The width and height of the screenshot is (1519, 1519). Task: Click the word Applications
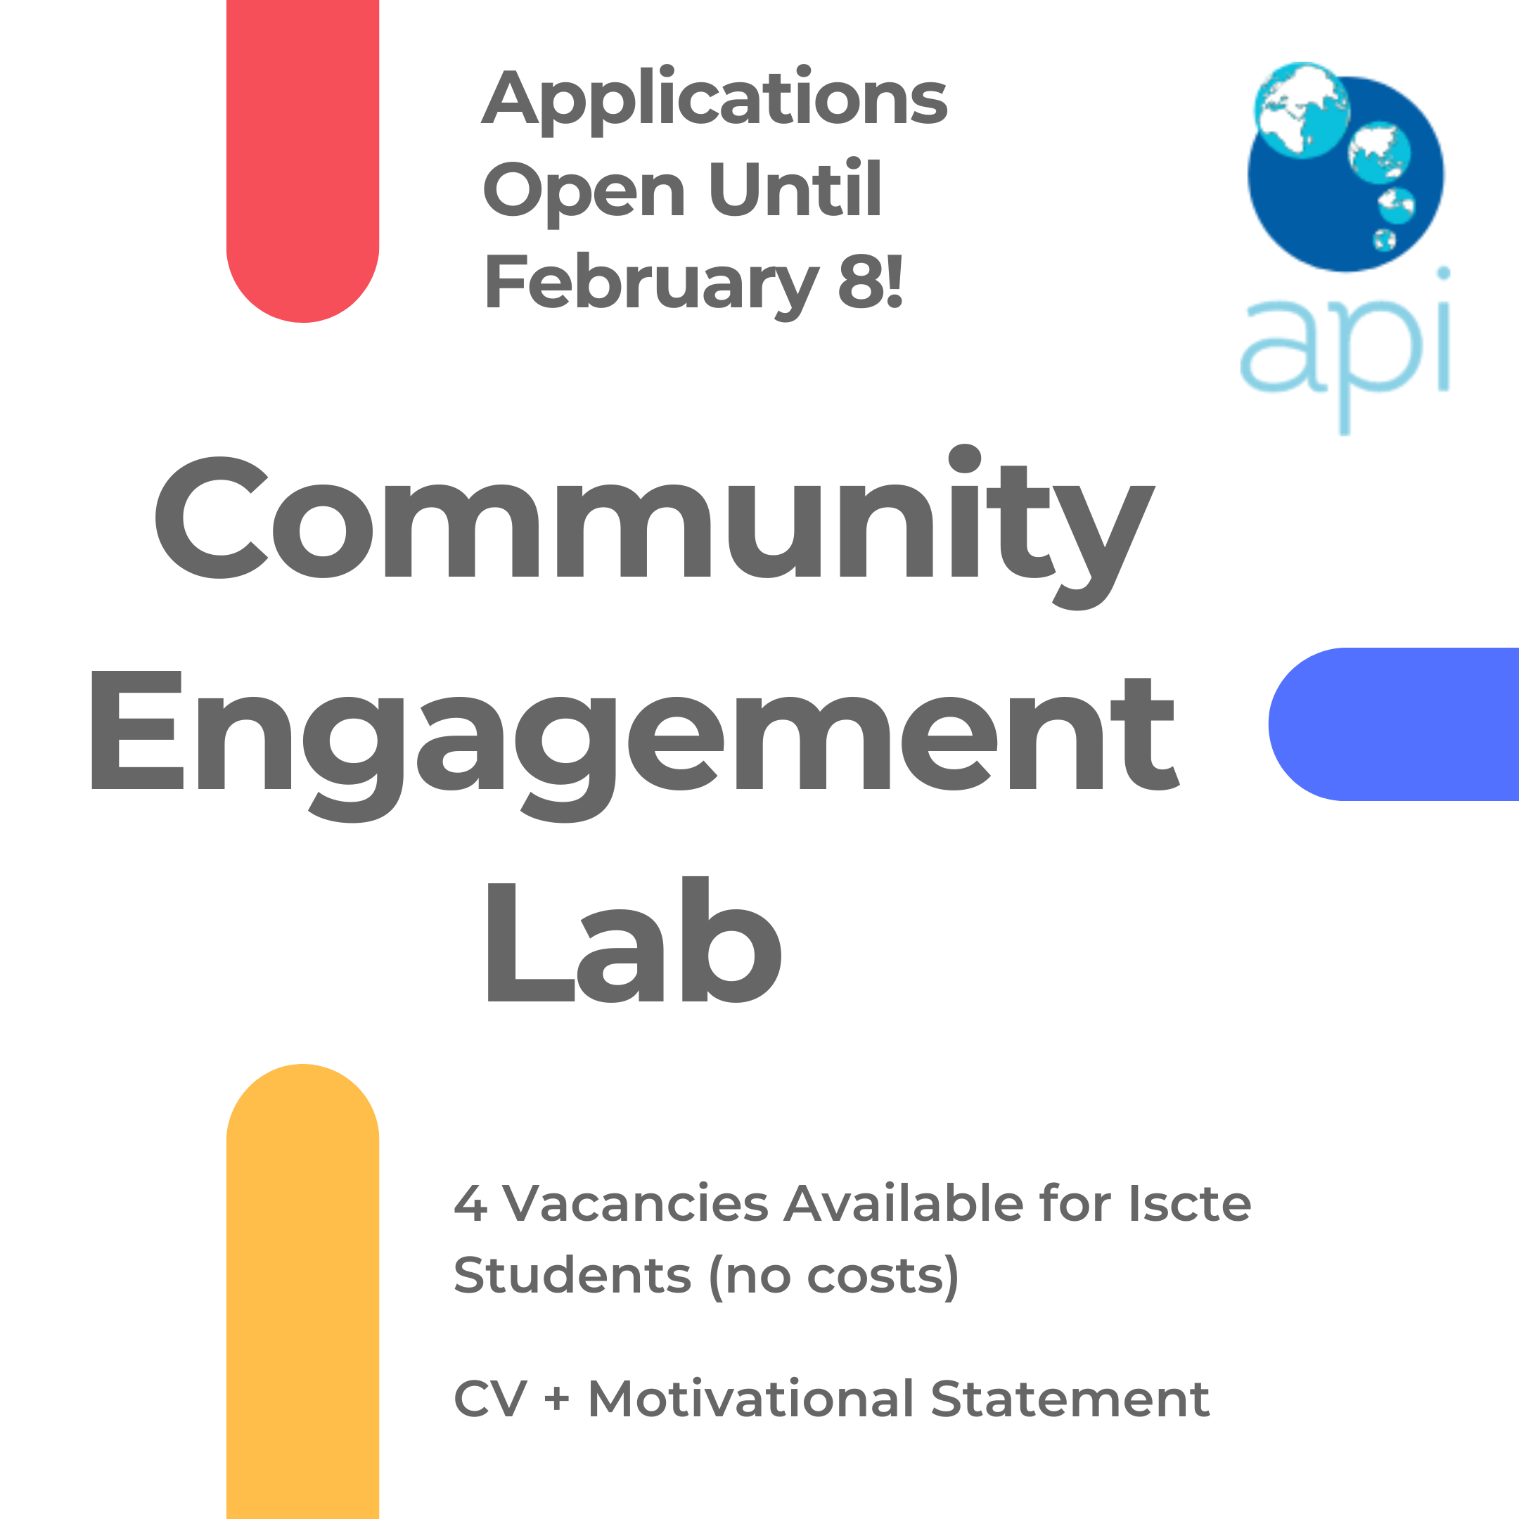point(714,98)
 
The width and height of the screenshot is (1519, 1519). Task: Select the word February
point(651,283)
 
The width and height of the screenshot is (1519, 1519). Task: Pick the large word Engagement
point(634,739)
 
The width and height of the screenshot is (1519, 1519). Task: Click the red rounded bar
point(302,158)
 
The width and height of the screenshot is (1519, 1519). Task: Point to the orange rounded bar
point(302,1297)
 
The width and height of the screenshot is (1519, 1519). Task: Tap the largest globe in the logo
point(1301,110)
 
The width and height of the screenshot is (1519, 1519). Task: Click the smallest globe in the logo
point(1384,239)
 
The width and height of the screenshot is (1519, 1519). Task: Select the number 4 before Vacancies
point(470,1205)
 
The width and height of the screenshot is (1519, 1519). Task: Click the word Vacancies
point(635,1205)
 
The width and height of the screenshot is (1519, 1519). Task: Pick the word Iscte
point(1188,1205)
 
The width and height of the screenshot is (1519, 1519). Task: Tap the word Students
point(572,1275)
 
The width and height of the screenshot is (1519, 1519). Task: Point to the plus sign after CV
point(557,1399)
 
